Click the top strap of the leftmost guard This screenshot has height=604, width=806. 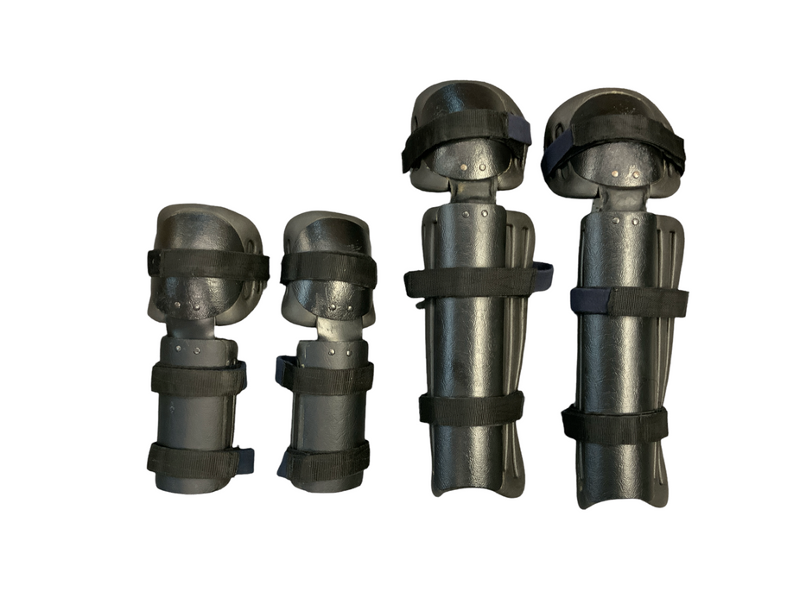pos(207,264)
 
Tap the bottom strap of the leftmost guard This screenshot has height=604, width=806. pos(194,461)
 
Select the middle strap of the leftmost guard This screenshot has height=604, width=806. pos(198,379)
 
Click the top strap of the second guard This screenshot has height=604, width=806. pos(328,268)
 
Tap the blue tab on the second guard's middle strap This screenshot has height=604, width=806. pos(282,370)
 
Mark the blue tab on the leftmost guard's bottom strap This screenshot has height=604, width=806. pos(245,460)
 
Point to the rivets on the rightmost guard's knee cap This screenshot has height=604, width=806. pos(625,174)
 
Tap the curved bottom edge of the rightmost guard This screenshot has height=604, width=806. pos(615,500)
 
